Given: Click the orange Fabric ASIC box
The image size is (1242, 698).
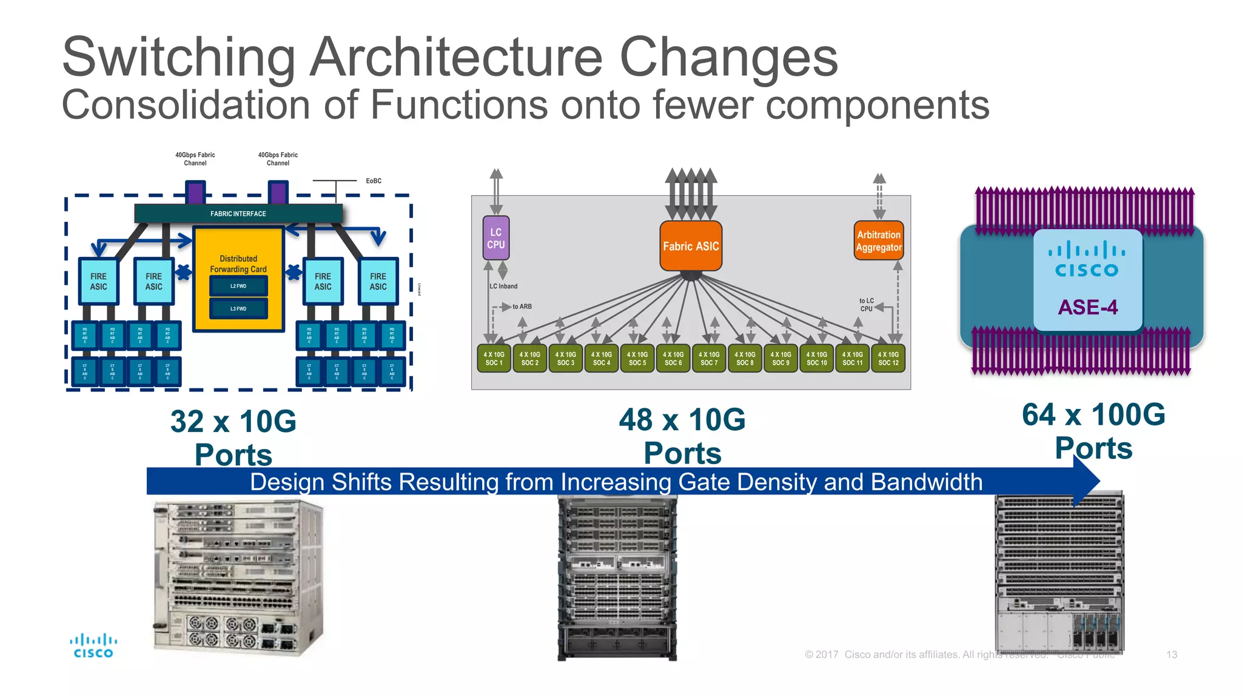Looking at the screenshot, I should pyautogui.click(x=691, y=246).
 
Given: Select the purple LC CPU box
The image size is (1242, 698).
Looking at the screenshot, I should pyautogui.click(x=495, y=238).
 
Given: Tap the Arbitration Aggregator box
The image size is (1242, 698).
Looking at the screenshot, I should pyautogui.click(x=879, y=241).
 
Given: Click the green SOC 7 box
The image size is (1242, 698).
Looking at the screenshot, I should pyautogui.click(x=709, y=359).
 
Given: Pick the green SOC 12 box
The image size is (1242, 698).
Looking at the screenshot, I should pyautogui.click(x=888, y=359).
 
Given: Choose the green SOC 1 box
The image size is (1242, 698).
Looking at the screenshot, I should pyautogui.click(x=494, y=359).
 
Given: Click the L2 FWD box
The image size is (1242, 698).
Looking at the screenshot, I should pyautogui.click(x=238, y=286).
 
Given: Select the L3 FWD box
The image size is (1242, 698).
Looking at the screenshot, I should pyautogui.click(x=238, y=308).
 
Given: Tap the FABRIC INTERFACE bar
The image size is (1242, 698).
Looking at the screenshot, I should pyautogui.click(x=238, y=214).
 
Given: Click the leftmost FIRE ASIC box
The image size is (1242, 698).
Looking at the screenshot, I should pyautogui.click(x=98, y=281).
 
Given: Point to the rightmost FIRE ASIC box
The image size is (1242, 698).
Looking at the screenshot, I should pyautogui.click(x=378, y=281).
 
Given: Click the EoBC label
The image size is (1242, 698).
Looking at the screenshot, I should pyautogui.click(x=374, y=181).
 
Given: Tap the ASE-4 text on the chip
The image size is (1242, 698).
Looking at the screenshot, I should pyautogui.click(x=1087, y=307).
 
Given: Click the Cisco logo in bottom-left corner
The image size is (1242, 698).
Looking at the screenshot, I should pyautogui.click(x=93, y=646).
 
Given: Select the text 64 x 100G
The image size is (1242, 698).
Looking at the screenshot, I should pyautogui.click(x=1093, y=415).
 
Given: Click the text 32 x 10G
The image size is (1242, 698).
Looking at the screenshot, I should pyautogui.click(x=233, y=422).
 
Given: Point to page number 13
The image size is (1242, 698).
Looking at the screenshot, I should pyautogui.click(x=1172, y=654).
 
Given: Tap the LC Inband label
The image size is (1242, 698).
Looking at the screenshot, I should pyautogui.click(x=504, y=286).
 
